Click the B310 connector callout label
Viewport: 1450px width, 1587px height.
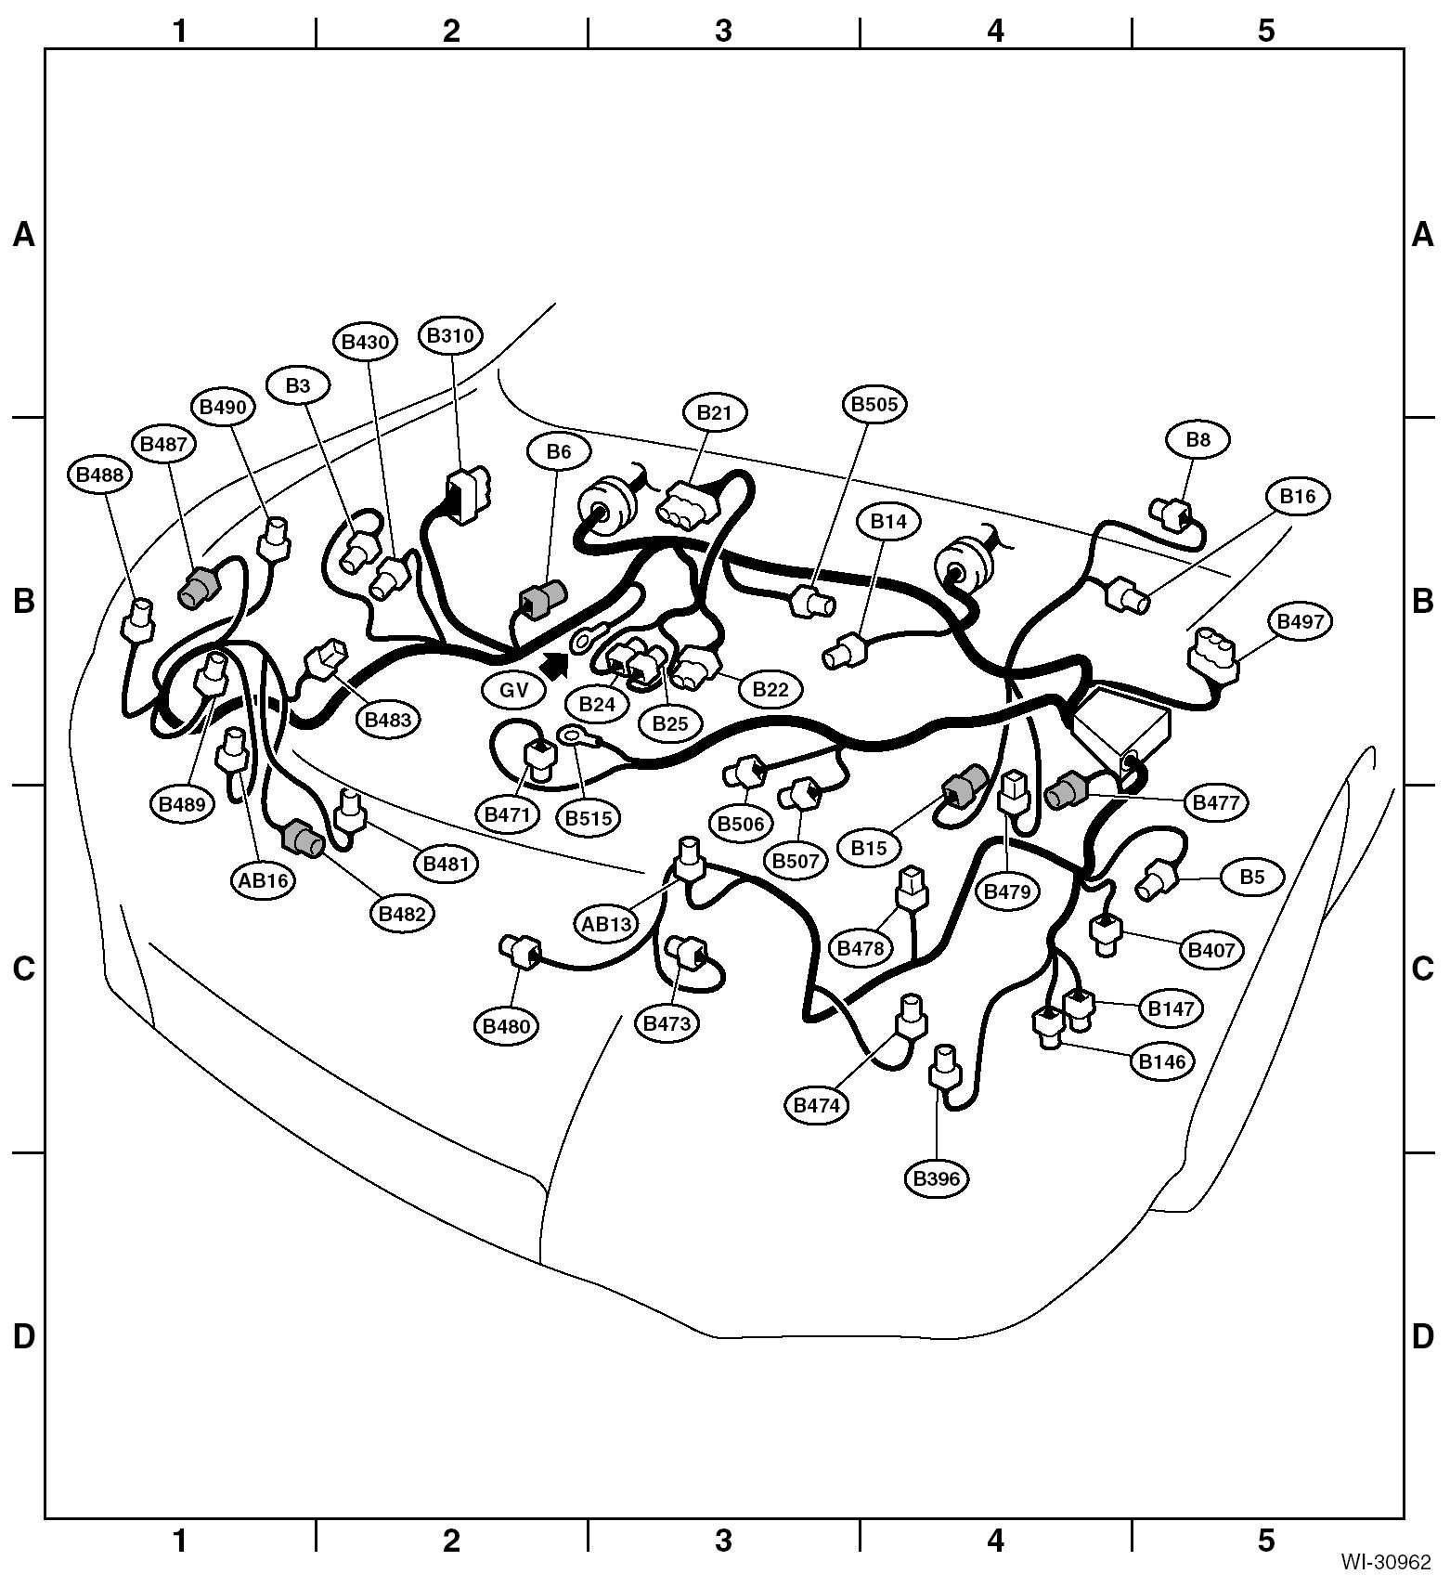pos(451,335)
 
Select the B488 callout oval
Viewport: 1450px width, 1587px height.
pos(99,475)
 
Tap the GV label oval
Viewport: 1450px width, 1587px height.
pos(513,690)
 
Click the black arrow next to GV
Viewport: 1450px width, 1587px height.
pos(554,664)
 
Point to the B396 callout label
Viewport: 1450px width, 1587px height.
pos(936,1178)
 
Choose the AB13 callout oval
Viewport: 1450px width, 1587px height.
pos(607,924)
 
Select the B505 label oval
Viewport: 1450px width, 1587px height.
pos(875,404)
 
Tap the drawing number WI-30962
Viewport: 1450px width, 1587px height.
pos(1385,1563)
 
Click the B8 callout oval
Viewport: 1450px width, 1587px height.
pos(1198,439)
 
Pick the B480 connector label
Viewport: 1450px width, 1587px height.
pos(506,1026)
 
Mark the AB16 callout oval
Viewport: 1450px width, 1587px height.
pos(264,879)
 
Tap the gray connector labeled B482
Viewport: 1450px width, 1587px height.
pos(304,839)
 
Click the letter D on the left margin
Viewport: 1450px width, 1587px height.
pos(23,1336)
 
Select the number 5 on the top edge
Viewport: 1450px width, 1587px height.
pos(1266,31)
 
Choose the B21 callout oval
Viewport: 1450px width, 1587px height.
pos(715,412)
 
